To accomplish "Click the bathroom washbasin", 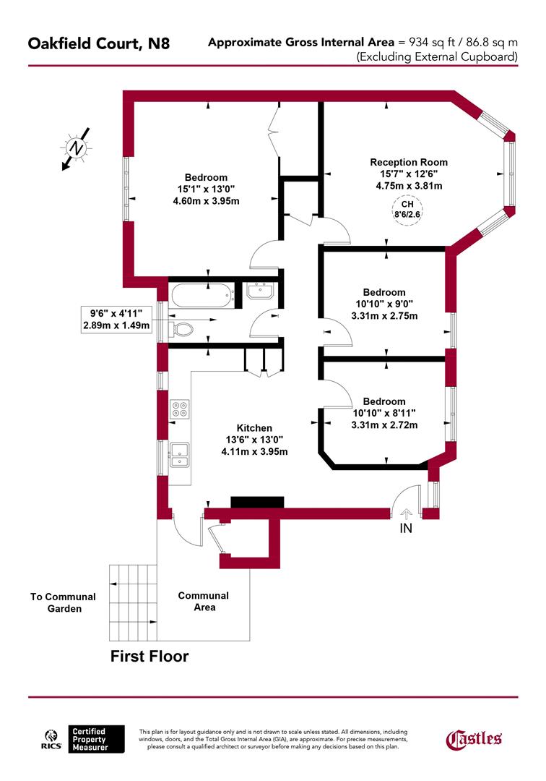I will click(259, 291).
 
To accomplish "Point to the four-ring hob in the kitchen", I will click(179, 410).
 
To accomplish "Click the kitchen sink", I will click(179, 453).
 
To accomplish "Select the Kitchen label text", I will click(254, 427).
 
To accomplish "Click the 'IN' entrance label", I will click(407, 529).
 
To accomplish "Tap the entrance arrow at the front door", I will click(407, 513).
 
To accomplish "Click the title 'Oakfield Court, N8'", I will click(99, 44).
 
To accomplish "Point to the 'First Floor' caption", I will click(149, 657).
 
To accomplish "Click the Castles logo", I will click(474, 738).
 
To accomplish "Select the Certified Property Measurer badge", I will click(96, 738).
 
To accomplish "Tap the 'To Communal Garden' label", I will click(63, 602).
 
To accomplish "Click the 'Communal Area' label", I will click(204, 601).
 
